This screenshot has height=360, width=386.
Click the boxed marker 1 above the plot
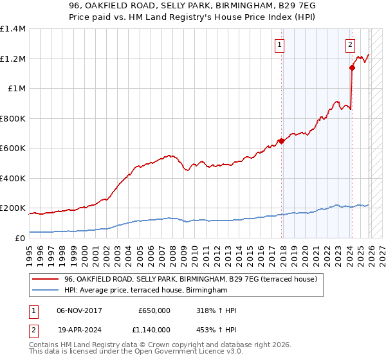point(280,44)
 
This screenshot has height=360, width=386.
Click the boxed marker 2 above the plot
point(350,44)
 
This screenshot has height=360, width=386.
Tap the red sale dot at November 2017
point(281,141)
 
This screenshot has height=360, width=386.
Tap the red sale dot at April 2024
point(353,67)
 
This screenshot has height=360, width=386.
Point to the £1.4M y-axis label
point(13,29)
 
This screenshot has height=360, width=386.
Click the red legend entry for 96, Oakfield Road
point(190,279)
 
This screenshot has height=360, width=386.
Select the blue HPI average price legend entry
point(145,291)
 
